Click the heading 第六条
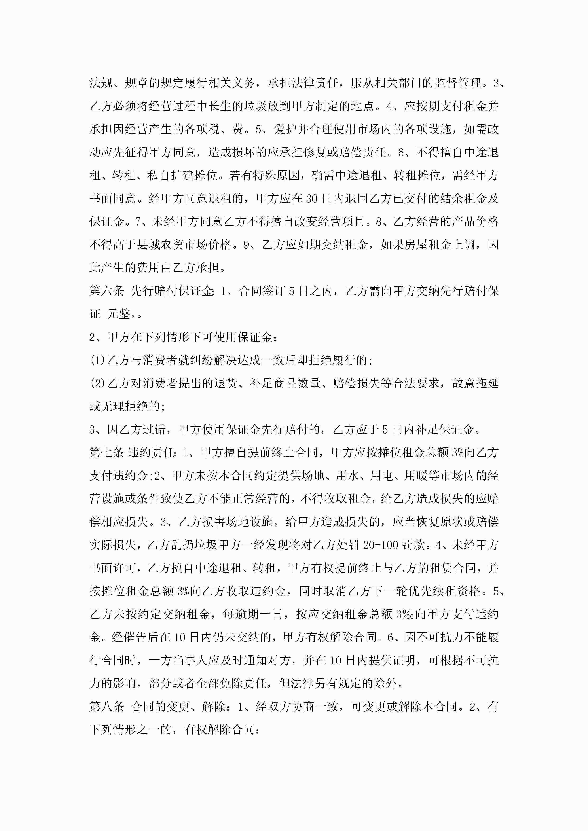106,291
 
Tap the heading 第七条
106,453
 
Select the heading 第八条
106,706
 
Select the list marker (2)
97,383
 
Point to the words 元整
119,314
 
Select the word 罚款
413,545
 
